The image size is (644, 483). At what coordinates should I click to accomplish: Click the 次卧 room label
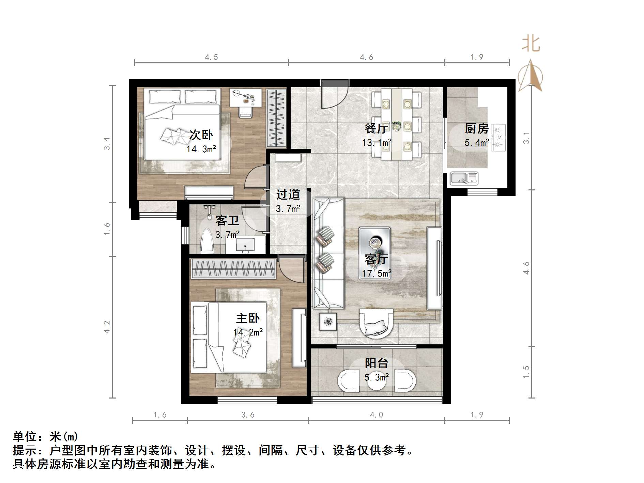click(201, 135)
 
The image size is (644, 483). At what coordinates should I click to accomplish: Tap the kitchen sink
click(464, 178)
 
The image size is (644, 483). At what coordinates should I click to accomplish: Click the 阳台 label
click(376, 363)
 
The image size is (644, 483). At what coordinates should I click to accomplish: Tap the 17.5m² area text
click(376, 273)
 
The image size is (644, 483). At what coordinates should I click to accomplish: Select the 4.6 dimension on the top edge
click(366, 57)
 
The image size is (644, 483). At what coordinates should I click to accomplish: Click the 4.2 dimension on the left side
click(107, 327)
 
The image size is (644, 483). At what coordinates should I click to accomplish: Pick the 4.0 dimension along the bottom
click(376, 415)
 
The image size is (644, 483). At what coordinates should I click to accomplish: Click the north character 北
click(531, 44)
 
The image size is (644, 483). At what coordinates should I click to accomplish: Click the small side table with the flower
click(328, 322)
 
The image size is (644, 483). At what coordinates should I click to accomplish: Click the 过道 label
click(288, 194)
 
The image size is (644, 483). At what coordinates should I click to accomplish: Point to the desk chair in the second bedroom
click(245, 111)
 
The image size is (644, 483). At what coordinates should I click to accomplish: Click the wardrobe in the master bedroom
click(233, 268)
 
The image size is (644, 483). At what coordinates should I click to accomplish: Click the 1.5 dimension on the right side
click(526, 372)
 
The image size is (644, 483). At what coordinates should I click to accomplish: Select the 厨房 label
click(476, 128)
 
